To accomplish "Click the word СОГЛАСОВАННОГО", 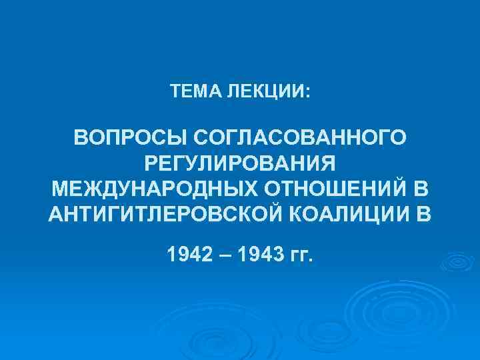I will point(298,138).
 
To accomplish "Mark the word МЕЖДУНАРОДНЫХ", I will point(154,189).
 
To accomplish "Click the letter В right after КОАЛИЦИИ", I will point(425,215).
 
